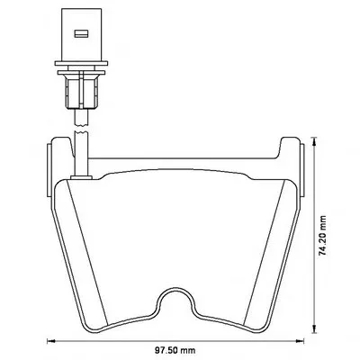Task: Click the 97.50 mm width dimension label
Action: point(175,350)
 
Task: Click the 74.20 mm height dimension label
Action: point(323,236)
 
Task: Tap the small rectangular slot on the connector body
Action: point(81,33)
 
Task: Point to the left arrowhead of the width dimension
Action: point(51,341)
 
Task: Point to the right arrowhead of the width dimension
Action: point(300,341)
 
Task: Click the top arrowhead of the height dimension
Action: point(314,141)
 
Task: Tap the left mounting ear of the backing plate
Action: point(49,170)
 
